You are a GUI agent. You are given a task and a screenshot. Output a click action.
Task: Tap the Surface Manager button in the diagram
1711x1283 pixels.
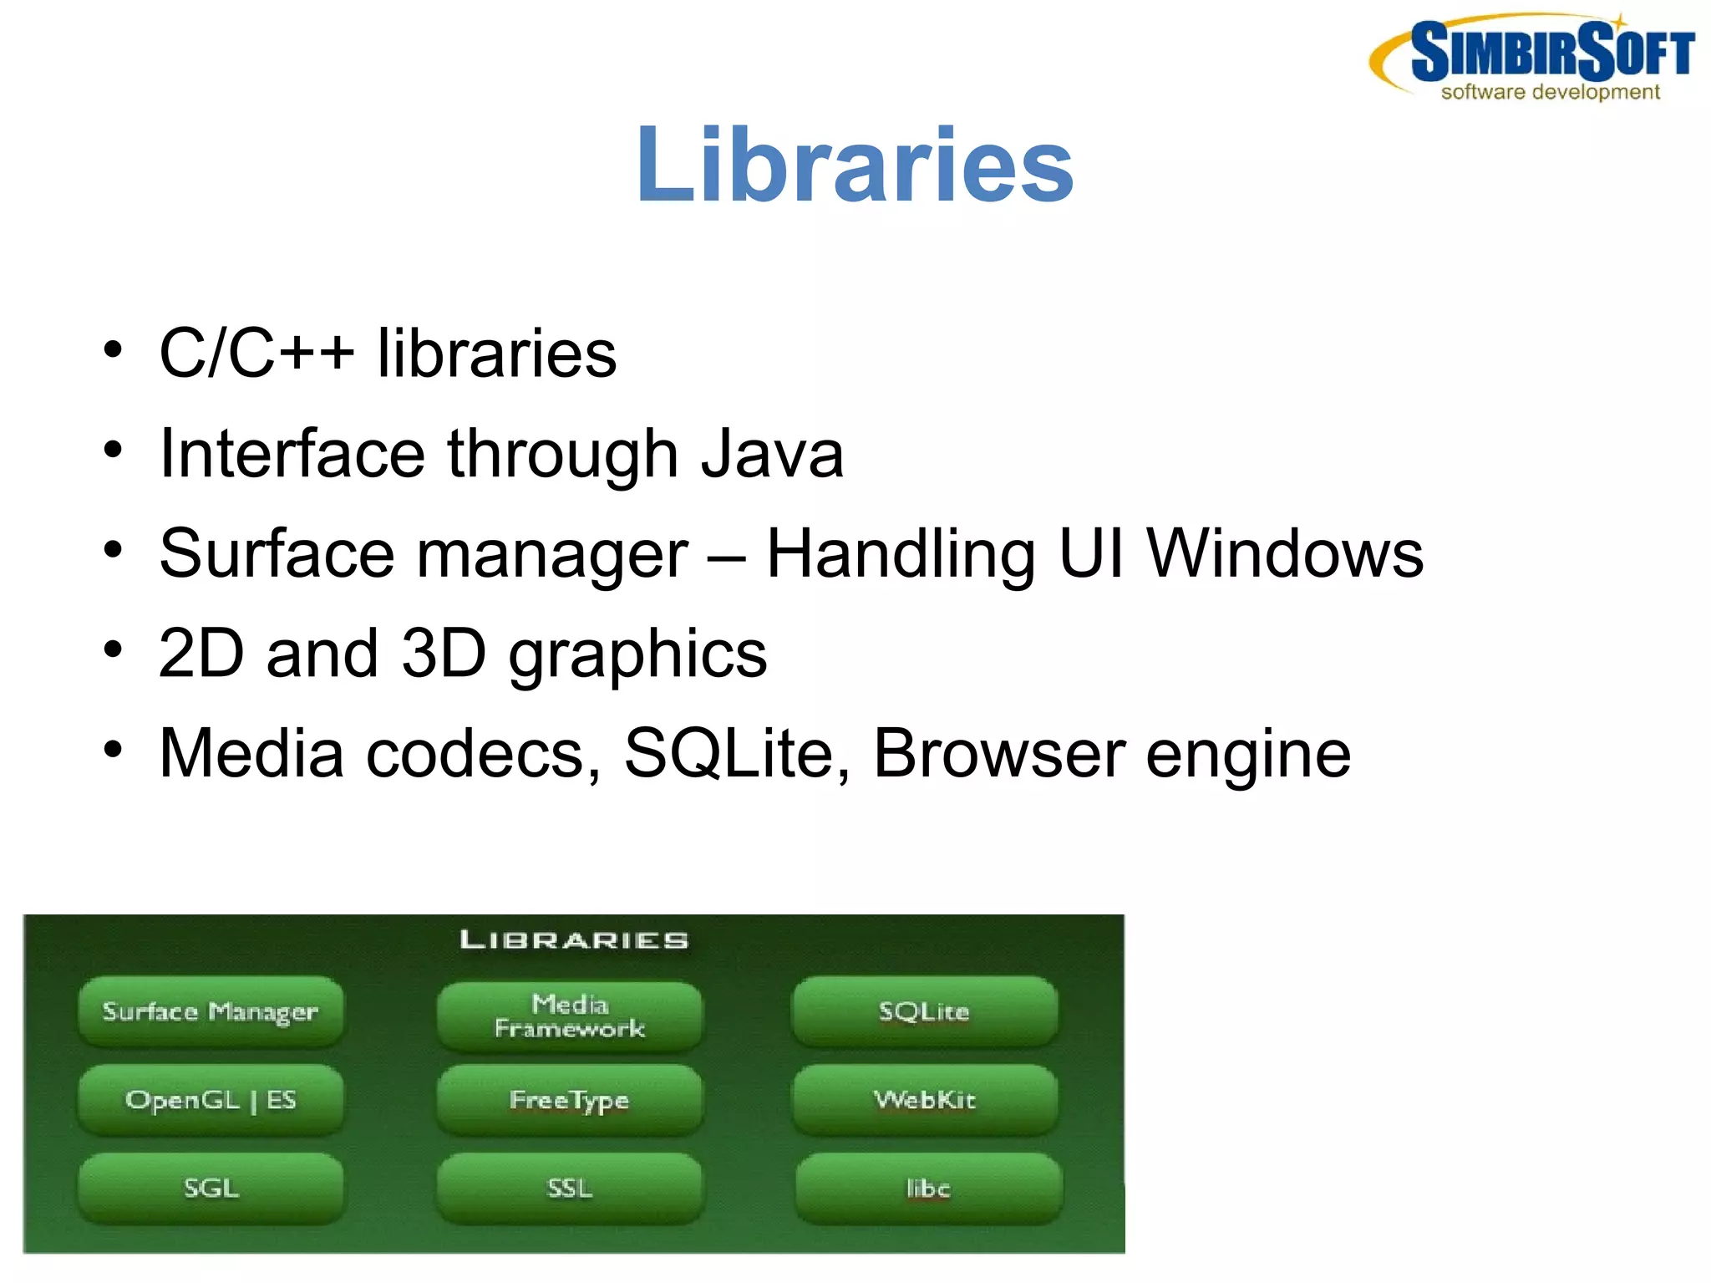point(211,1011)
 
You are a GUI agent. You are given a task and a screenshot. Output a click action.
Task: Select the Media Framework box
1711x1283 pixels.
point(570,1016)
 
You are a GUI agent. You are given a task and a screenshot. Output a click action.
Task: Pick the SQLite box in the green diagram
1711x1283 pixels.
point(924,1011)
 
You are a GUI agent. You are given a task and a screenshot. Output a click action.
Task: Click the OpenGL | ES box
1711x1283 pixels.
point(211,1100)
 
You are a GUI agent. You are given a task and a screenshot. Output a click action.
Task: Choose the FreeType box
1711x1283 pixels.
point(570,1100)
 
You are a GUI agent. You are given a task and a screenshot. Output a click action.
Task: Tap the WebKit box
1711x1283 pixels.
point(925,1100)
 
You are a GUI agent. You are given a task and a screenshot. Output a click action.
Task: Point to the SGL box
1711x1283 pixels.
point(211,1188)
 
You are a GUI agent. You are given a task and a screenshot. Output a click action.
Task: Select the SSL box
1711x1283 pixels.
point(570,1188)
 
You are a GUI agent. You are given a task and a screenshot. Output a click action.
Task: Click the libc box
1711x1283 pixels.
point(928,1188)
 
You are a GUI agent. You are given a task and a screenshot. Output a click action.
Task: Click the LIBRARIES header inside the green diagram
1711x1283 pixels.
point(574,940)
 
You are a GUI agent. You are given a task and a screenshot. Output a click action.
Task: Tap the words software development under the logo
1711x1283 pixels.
point(1550,92)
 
